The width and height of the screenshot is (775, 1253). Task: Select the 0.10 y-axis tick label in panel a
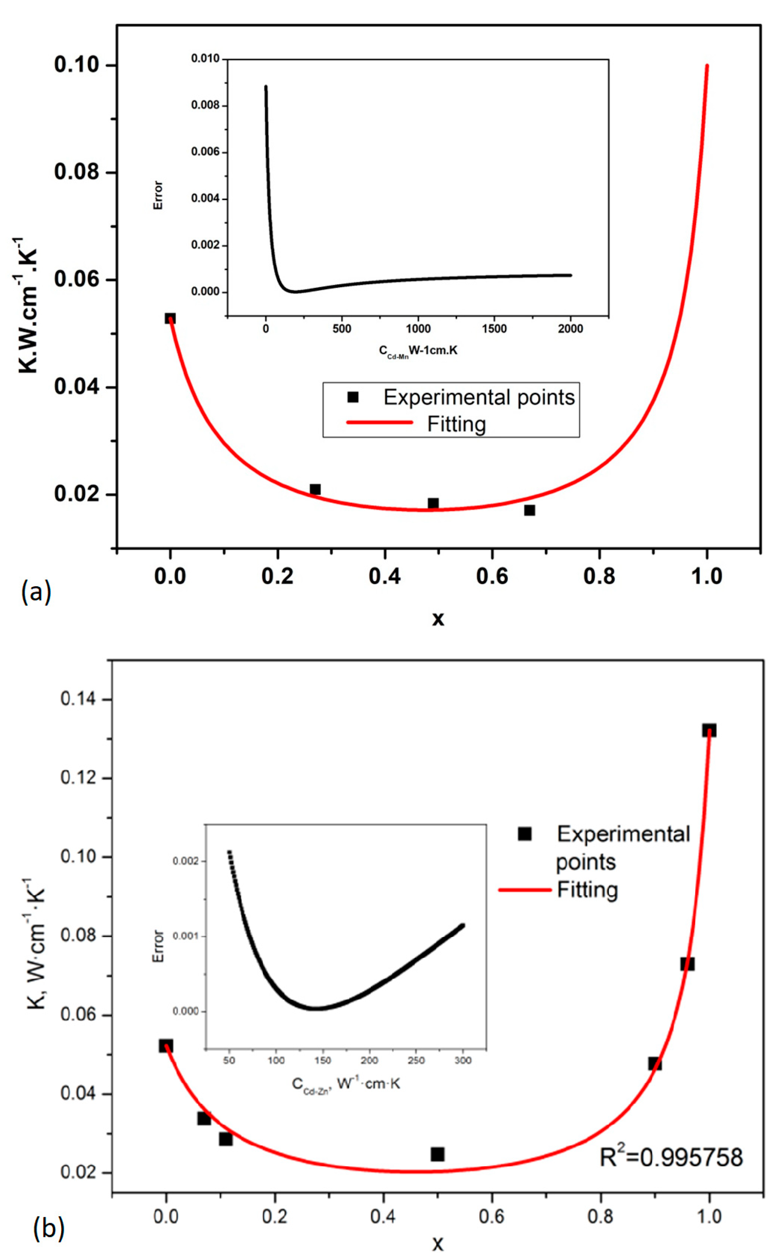[x=76, y=65]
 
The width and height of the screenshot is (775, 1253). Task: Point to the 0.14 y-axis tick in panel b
[x=77, y=699]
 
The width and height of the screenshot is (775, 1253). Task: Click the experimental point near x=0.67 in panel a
[x=529, y=510]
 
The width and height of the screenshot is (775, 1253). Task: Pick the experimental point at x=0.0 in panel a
[x=170, y=319]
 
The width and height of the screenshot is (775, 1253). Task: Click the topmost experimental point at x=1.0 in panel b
[x=709, y=731]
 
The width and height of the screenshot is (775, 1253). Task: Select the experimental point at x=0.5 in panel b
[x=437, y=1154]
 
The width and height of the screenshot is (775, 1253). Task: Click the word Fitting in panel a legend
[x=456, y=424]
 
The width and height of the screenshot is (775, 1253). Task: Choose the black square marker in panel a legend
[x=353, y=397]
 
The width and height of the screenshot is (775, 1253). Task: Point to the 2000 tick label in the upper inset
[x=571, y=329]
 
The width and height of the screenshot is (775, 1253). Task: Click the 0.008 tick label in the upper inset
[x=205, y=105]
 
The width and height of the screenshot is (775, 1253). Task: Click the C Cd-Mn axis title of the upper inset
[x=418, y=351]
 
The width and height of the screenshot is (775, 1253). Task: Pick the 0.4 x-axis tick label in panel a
[x=385, y=576]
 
